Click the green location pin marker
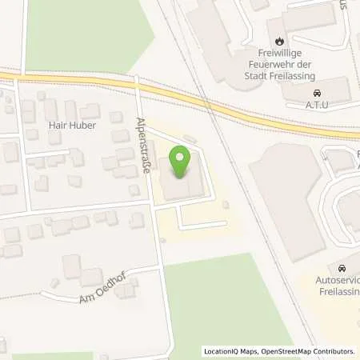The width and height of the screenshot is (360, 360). tap(182, 164)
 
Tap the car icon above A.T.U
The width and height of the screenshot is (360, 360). tap(318, 93)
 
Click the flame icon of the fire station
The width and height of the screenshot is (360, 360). tap(279, 41)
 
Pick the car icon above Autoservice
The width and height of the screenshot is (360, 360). tap(342, 268)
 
